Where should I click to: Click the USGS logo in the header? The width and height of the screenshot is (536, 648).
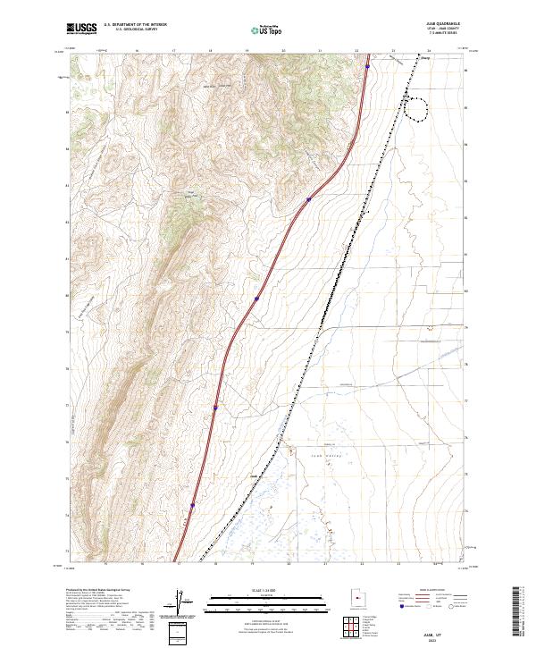click(x=82, y=29)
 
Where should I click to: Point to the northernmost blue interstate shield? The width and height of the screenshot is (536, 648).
click(x=367, y=66)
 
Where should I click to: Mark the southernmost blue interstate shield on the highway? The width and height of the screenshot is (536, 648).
click(x=192, y=505)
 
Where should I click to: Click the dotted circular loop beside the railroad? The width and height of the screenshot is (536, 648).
click(x=416, y=107)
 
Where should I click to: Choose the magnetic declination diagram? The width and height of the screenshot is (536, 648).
click(x=182, y=602)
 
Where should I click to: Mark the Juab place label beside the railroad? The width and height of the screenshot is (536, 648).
click(x=253, y=476)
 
